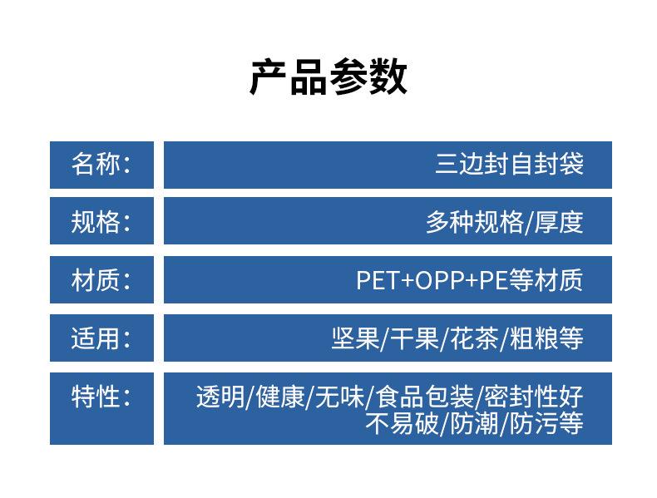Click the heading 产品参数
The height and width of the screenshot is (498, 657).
pos(328,77)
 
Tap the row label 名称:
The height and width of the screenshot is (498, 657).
pos(101,164)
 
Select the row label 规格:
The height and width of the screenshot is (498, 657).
pos(101,222)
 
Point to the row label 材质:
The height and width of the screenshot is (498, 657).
pos(101,280)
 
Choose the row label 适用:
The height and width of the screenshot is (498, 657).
pos(101,338)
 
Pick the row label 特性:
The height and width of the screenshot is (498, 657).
pos(101,397)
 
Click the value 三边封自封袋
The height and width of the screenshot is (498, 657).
pos(509,164)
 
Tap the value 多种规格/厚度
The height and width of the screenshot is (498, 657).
pos(505,222)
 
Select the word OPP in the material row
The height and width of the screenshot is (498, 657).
pos(441,280)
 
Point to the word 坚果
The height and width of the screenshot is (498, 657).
pos(355,338)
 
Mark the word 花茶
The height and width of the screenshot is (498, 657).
pos(474,338)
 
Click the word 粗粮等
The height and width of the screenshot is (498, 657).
pos(546,338)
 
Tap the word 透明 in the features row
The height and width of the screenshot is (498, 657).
pos(220,397)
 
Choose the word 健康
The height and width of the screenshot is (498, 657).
pos(280,397)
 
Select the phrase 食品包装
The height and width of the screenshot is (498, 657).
pos(424,397)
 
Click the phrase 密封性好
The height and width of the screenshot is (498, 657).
pos(534,397)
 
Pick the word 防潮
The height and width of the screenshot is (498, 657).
pos(474,423)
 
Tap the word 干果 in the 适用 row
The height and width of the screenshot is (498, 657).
pos(415,338)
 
